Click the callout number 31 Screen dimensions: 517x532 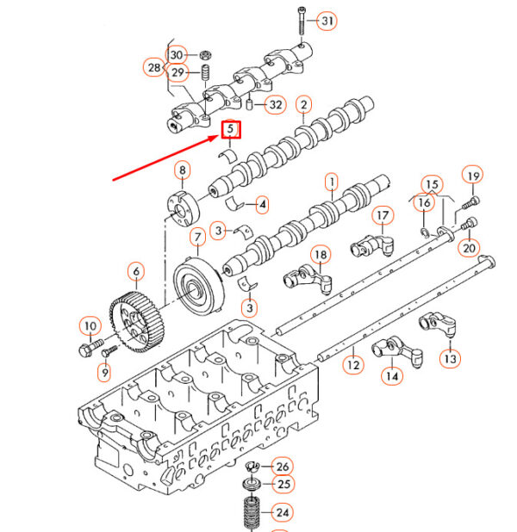(327, 21)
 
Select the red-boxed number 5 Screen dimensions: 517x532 (231, 130)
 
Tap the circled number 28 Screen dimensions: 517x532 (154, 67)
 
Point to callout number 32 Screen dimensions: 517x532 (276, 104)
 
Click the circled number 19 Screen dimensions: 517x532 (472, 176)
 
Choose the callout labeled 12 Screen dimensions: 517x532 (353, 365)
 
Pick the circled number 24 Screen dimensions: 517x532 (283, 512)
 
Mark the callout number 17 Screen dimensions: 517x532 (383, 215)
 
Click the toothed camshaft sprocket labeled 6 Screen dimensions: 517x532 (137, 323)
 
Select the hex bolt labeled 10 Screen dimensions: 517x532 (90, 348)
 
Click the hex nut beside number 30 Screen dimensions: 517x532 (205, 54)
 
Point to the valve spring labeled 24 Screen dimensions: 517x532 (252, 513)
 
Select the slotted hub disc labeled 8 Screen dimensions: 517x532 (184, 209)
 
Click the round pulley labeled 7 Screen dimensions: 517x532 (199, 286)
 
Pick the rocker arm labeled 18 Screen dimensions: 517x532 (308, 279)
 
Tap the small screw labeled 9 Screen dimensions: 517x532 (109, 351)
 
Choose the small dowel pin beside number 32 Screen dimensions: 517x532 (250, 104)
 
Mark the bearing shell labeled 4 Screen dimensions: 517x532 (234, 203)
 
